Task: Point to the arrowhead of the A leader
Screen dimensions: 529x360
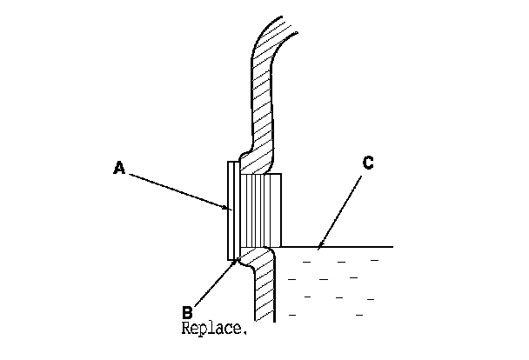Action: click(x=229, y=209)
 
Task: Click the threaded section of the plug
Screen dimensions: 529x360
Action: click(x=260, y=209)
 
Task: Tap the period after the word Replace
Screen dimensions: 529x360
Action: click(x=246, y=333)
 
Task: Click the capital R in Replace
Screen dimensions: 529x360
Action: click(x=186, y=330)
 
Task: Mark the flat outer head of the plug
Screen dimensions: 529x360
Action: click(x=231, y=209)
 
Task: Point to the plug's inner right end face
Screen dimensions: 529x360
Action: click(x=281, y=209)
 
